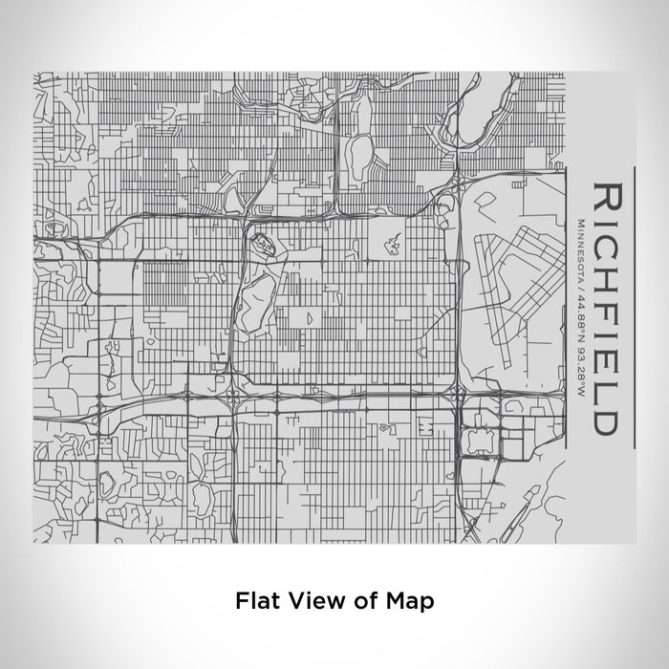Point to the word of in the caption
click(x=365, y=601)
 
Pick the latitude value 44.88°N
click(x=582, y=311)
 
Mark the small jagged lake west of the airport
click(x=392, y=246)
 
